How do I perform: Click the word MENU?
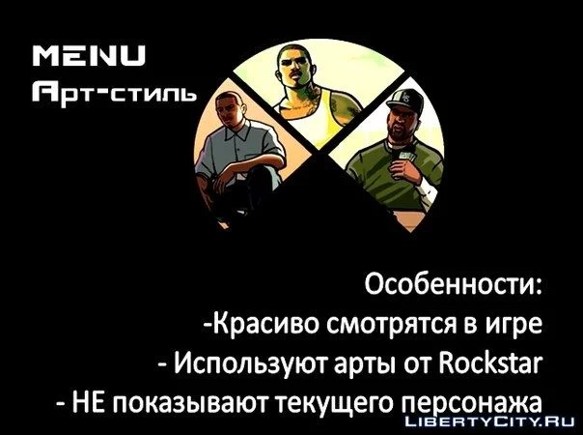tap(89, 56)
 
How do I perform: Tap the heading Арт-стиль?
tap(114, 93)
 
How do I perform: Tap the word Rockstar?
tap(490, 362)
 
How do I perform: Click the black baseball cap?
tap(406, 100)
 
